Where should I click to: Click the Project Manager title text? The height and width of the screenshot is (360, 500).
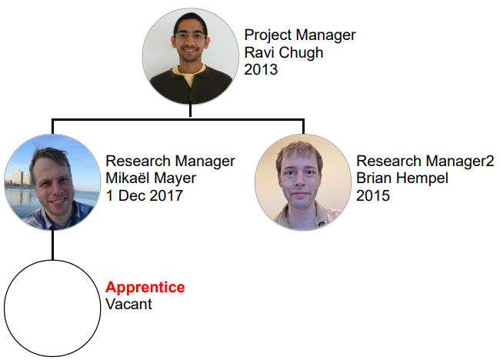coord(300,35)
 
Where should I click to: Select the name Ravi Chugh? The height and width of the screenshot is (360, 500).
coord(284,52)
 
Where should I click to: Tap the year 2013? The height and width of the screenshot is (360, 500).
coord(261,69)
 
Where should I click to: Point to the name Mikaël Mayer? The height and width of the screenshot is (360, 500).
coord(151,178)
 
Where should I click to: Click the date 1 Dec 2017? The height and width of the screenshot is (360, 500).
coord(144,195)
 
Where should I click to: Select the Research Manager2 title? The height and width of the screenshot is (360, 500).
coord(425,161)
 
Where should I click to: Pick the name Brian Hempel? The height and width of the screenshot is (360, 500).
coord(402,178)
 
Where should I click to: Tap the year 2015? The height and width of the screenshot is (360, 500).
coord(373,195)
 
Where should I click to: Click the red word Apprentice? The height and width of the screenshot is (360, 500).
coord(145,288)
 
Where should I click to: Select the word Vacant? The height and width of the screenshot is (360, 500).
coord(128,304)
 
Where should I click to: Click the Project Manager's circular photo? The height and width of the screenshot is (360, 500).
coord(190,56)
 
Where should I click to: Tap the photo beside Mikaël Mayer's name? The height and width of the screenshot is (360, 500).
coord(52,182)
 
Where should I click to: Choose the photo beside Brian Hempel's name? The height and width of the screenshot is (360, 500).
coord(303,182)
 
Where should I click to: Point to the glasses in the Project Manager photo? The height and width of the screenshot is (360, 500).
coord(190,35)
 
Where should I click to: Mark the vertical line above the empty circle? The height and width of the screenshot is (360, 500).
coord(52,245)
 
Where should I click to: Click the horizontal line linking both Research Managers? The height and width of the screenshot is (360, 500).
coord(178,120)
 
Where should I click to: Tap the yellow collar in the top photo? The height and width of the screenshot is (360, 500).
coord(192,75)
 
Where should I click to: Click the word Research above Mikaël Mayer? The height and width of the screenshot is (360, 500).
coord(138,161)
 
